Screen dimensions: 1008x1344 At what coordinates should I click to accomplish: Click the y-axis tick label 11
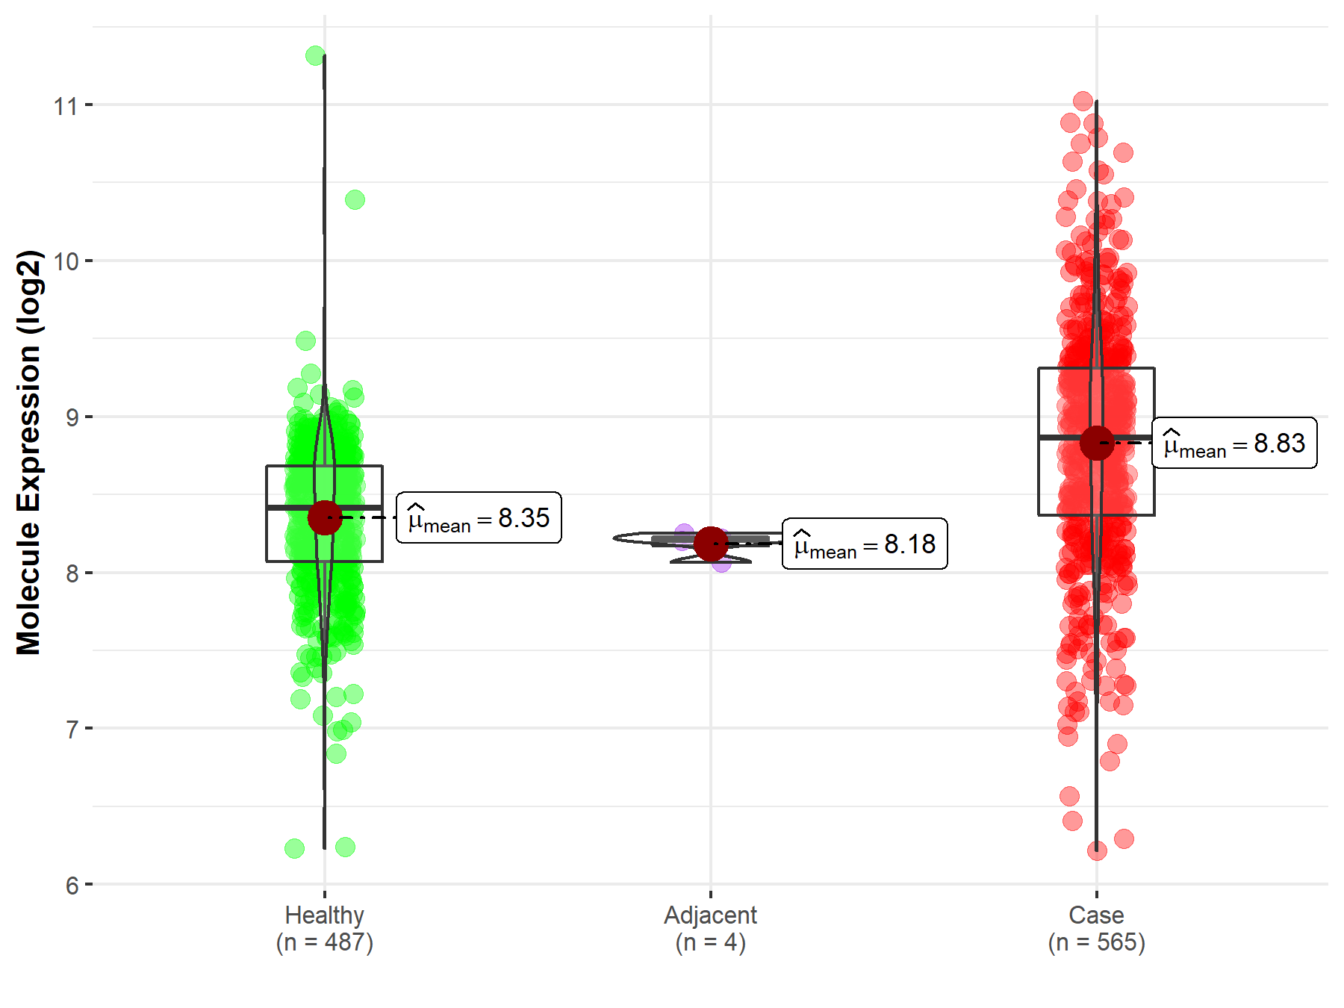[65, 106]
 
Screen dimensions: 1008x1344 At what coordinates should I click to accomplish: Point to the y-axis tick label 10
[65, 261]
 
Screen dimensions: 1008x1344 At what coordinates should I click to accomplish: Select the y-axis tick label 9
[72, 417]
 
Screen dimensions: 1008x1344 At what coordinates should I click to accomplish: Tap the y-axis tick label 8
[72, 573]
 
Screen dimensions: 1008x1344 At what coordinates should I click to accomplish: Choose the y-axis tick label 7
[72, 729]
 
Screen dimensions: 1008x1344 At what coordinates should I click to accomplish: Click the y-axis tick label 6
[72, 886]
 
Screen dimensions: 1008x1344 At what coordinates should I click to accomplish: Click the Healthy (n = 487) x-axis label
[324, 928]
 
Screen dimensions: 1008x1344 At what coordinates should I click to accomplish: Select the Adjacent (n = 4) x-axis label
[710, 928]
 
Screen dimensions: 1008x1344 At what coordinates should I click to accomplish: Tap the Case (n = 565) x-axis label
[1096, 928]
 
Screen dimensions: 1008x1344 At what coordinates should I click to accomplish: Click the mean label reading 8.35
[479, 517]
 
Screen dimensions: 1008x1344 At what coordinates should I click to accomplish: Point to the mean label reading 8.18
[865, 544]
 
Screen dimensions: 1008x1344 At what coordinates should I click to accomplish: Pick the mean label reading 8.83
[1234, 443]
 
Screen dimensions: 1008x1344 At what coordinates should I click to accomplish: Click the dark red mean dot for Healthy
[325, 517]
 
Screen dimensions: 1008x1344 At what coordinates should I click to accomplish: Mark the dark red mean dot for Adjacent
[711, 544]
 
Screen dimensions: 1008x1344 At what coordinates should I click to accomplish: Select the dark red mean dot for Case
[1097, 443]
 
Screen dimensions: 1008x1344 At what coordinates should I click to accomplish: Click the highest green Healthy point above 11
[315, 55]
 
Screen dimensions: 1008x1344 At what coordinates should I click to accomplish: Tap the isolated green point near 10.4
[355, 199]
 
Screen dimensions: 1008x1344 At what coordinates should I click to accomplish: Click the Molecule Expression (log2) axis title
[28, 452]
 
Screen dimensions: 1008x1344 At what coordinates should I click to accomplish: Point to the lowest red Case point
[1097, 850]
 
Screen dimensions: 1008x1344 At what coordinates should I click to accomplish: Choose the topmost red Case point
[1083, 101]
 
